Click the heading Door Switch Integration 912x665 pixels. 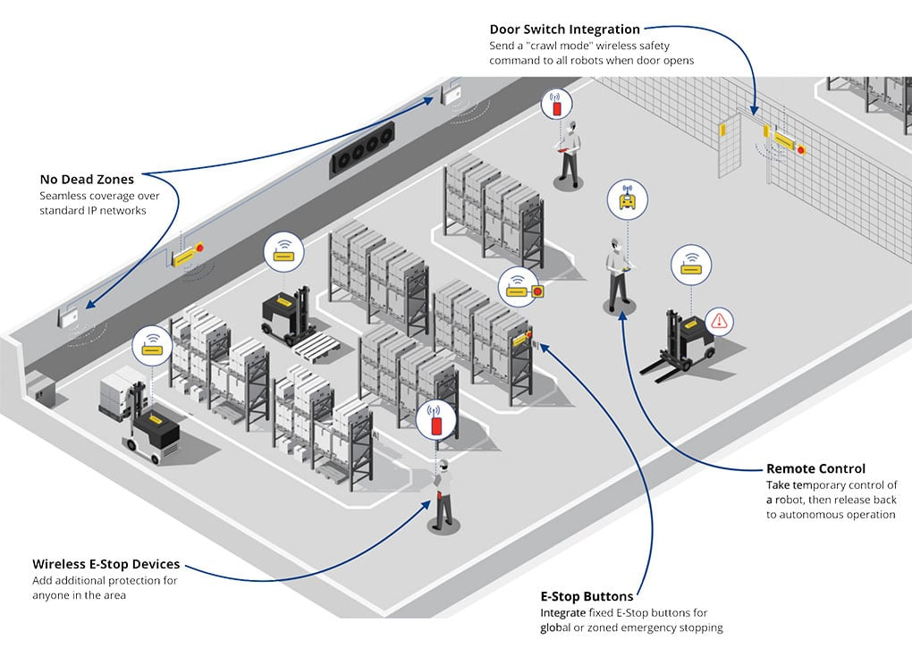pyautogui.click(x=564, y=29)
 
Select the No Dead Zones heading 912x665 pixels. pyautogui.click(x=87, y=180)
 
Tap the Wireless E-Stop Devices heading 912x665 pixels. pyautogui.click(x=106, y=565)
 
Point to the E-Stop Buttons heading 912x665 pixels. pyautogui.click(x=587, y=596)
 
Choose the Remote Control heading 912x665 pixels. pyautogui.click(x=815, y=468)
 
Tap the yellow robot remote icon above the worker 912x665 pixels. pyautogui.click(x=627, y=199)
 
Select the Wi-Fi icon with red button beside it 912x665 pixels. pyautogui.click(x=523, y=289)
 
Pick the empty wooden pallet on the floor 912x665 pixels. pyautogui.click(x=317, y=344)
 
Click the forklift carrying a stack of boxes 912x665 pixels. pyautogui.click(x=143, y=416)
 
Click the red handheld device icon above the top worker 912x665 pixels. pyautogui.click(x=557, y=105)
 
